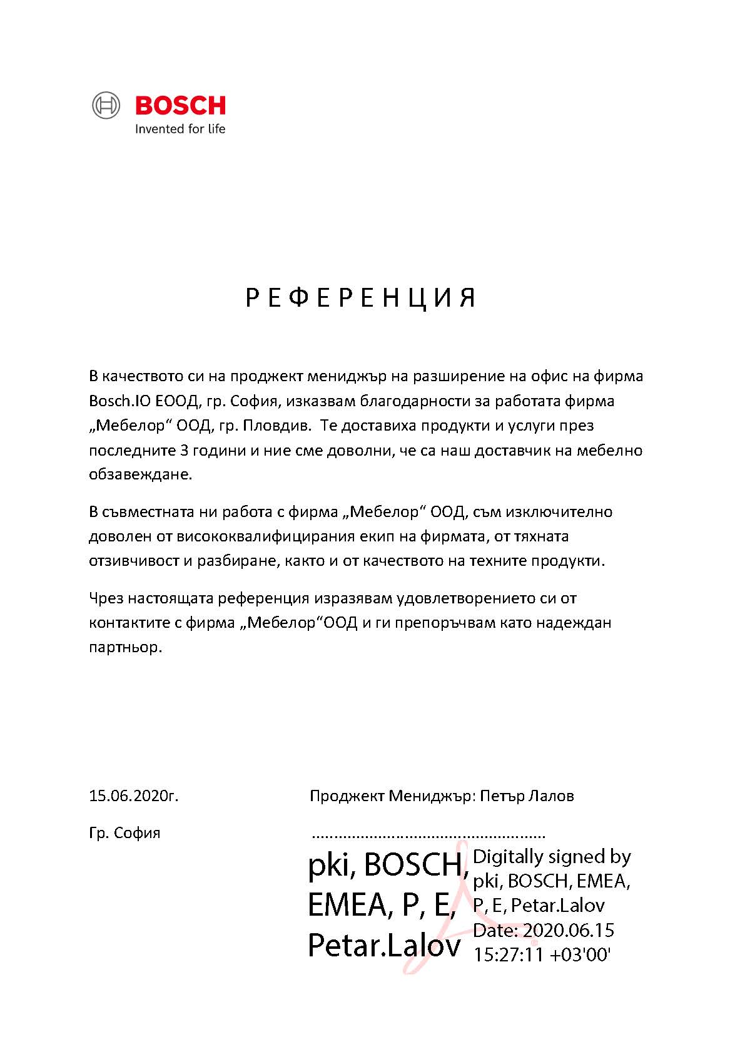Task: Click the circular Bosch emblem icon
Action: pos(106,105)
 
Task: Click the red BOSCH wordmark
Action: pos(180,106)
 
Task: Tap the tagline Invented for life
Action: pos(180,130)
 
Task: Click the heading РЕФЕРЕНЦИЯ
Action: pos(361,298)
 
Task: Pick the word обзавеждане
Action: pos(140,474)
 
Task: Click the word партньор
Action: pos(126,647)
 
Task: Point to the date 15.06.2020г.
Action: pos(134,796)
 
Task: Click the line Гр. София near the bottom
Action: pos(125,833)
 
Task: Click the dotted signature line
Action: pos(428,836)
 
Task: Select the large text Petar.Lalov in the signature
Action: pos(384,946)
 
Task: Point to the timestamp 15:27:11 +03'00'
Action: pos(542,955)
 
